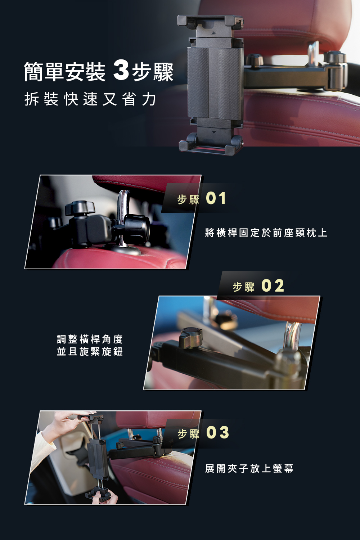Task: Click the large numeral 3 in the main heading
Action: coord(121,72)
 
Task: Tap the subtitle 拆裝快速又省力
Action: coord(90,99)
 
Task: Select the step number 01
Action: coord(216,198)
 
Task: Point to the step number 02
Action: coord(273,286)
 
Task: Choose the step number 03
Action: coord(217,432)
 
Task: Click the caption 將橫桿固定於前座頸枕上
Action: coord(266,233)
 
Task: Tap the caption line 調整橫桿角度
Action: coord(90,339)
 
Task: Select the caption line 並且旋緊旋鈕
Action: coord(90,351)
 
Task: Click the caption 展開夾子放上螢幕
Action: coord(249,468)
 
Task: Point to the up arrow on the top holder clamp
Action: coord(213,32)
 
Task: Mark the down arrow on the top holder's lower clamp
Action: coord(213,132)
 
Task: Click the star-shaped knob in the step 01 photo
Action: coord(80,208)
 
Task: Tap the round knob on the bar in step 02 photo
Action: coord(190,337)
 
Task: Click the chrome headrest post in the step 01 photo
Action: coord(124,217)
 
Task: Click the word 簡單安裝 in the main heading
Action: coord(65,72)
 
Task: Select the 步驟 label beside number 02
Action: coord(244,287)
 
